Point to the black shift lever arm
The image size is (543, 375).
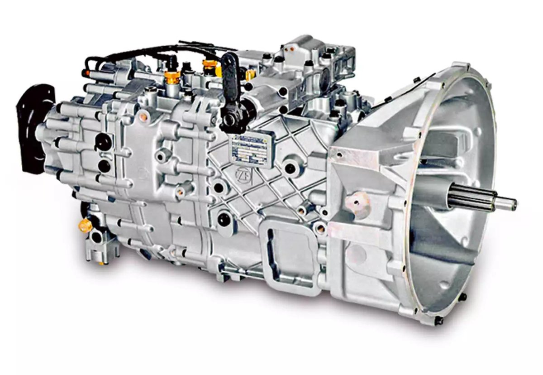230,86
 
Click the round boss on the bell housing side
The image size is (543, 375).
355,199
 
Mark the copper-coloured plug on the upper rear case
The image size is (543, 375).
143,117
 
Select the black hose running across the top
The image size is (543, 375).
149,51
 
